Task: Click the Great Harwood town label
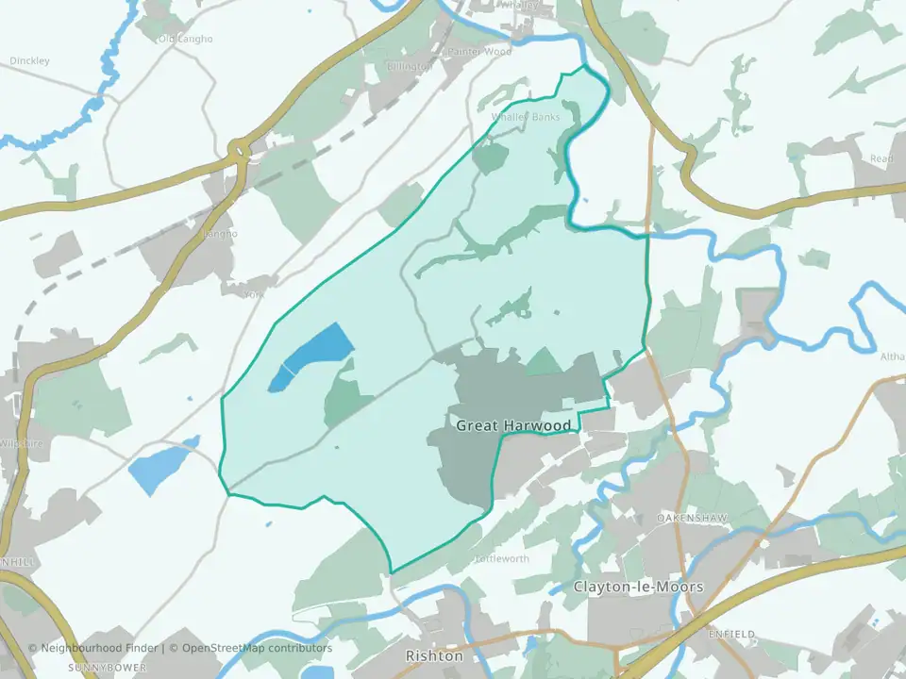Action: point(513,425)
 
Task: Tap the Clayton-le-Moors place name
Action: point(638,587)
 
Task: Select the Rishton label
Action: point(434,655)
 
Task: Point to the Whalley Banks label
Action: point(526,117)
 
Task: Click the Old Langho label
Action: point(186,39)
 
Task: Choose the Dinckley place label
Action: point(29,61)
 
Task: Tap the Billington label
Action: point(408,67)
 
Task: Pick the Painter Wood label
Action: point(479,52)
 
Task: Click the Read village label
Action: point(881,159)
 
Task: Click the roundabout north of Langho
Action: point(238,148)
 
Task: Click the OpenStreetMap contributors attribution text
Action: point(257,648)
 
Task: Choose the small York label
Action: point(251,294)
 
